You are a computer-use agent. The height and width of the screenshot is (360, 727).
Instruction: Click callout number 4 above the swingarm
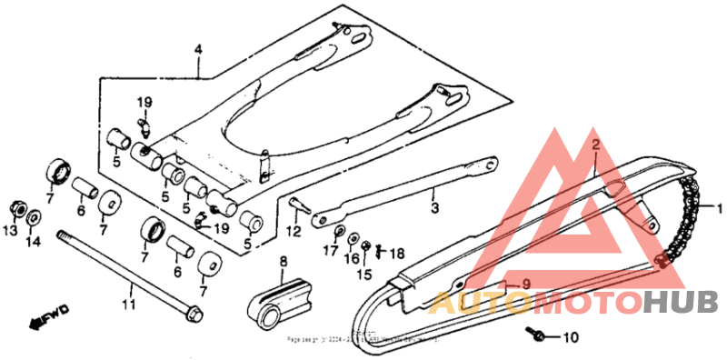196,51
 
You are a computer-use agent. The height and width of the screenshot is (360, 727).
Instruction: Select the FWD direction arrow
50,316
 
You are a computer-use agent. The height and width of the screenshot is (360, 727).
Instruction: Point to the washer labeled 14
34,217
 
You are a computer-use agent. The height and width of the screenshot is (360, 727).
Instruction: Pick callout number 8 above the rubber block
283,262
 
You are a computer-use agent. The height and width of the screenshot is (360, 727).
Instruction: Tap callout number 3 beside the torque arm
434,207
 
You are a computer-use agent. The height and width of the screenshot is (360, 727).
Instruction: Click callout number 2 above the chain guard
595,145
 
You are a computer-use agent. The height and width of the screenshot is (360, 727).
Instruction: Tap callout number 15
364,274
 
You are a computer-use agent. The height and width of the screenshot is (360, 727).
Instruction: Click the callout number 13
12,233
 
